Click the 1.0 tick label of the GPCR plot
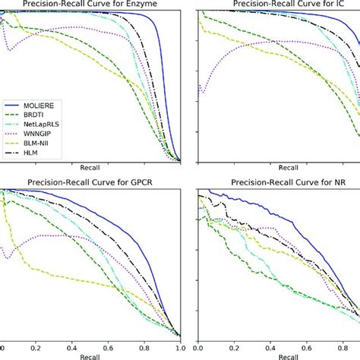point(178,344)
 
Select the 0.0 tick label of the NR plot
point(198,344)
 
